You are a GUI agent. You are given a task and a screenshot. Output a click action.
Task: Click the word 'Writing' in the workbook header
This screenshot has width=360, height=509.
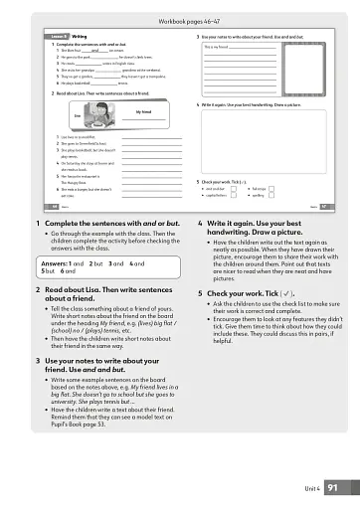[80, 38]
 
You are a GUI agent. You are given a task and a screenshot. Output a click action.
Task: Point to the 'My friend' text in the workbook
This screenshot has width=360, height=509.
[143, 113]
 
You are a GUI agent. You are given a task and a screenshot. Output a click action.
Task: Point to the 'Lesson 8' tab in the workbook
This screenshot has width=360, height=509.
[59, 38]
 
